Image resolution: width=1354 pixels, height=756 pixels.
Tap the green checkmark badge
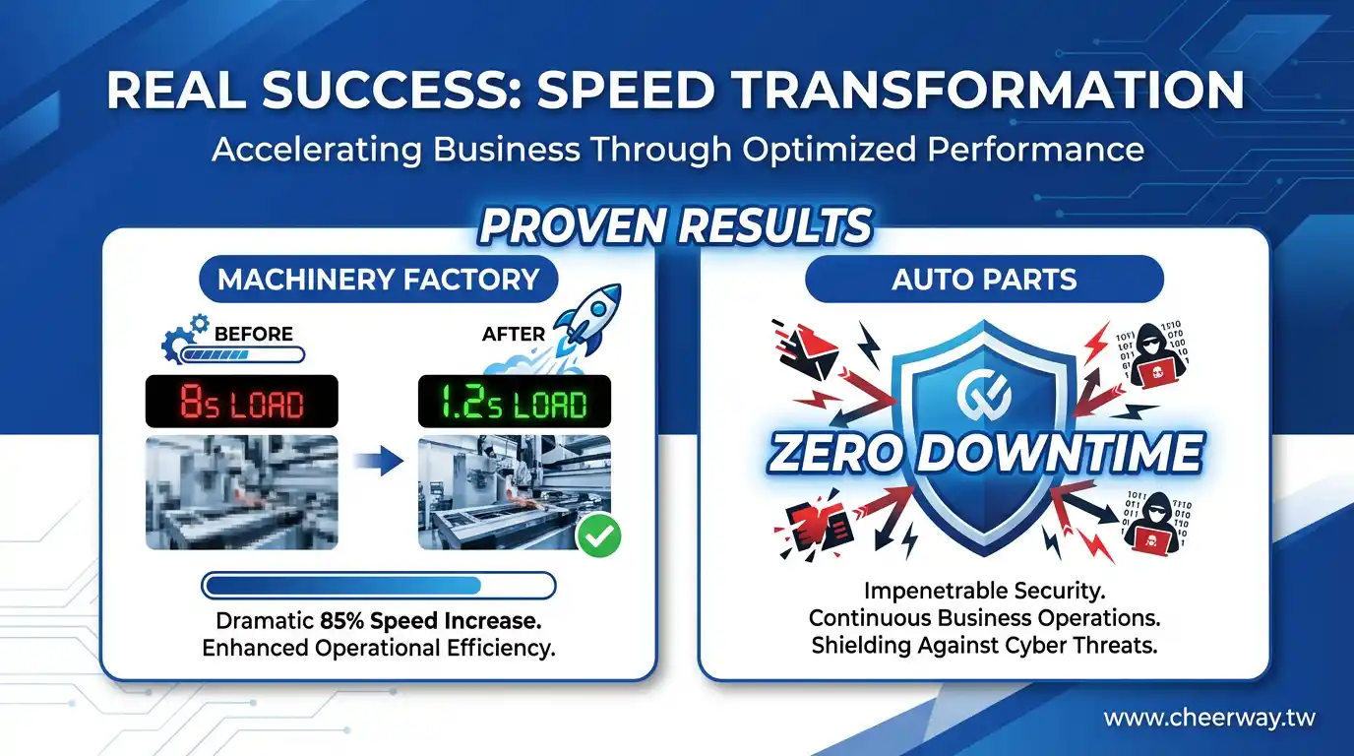(x=598, y=535)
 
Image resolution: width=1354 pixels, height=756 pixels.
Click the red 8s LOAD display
(x=242, y=402)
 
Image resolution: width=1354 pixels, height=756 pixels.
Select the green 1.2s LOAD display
(x=515, y=402)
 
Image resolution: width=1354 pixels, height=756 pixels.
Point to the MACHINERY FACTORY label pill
(x=379, y=280)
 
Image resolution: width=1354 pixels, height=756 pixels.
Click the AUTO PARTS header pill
(x=985, y=280)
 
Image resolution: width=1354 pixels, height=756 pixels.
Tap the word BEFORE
(x=253, y=334)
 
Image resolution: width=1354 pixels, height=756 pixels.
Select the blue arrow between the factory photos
(x=379, y=462)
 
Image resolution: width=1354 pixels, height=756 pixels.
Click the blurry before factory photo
(x=242, y=492)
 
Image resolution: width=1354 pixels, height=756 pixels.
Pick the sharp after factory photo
(x=515, y=492)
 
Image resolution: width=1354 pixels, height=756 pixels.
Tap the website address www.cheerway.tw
(x=1209, y=718)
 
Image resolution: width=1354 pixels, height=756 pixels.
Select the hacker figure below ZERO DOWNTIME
(x=1152, y=523)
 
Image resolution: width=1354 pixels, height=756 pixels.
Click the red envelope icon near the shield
(x=807, y=353)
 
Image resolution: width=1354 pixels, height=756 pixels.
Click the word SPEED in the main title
(x=627, y=91)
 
